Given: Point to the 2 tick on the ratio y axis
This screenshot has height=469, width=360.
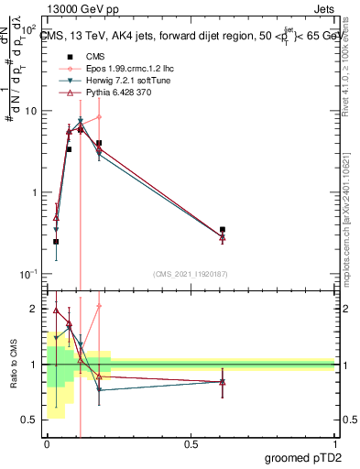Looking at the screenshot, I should (34, 310).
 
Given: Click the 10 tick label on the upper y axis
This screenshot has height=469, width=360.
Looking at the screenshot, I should (31, 111).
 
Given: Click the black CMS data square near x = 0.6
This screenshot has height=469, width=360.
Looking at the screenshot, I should (223, 230).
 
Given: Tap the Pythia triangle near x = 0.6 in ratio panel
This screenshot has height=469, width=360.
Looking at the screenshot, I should (223, 381).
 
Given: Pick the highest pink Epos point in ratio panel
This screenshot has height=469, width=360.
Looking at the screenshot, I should (99, 306).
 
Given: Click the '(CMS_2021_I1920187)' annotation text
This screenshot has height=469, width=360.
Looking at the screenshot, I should (191, 273).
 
